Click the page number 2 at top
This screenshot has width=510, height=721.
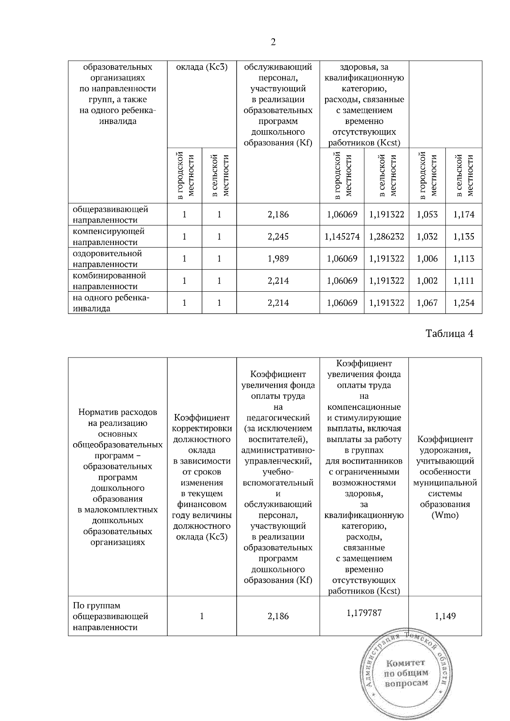coord(273,42)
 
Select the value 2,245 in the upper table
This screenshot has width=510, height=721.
coord(278,237)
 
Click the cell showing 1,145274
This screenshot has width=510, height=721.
coord(342,237)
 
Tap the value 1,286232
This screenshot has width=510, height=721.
coord(386,237)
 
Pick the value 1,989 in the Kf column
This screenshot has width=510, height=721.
coord(278,259)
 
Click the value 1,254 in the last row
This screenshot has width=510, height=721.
coord(464,303)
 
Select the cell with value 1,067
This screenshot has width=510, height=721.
coord(427,303)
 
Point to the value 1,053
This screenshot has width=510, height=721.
coord(427,215)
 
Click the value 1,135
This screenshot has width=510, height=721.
coord(464,237)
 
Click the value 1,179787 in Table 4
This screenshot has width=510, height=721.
coord(364,613)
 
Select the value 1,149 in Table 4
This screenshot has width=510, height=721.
coord(445,616)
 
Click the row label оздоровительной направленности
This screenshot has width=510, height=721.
coord(107,259)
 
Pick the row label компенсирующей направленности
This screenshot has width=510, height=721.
coord(108,237)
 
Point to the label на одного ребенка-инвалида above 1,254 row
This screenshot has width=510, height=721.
coord(110,303)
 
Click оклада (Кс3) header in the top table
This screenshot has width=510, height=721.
coord(202,67)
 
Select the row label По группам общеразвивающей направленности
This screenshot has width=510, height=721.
coord(110,616)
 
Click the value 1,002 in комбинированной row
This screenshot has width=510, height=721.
coord(427,281)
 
